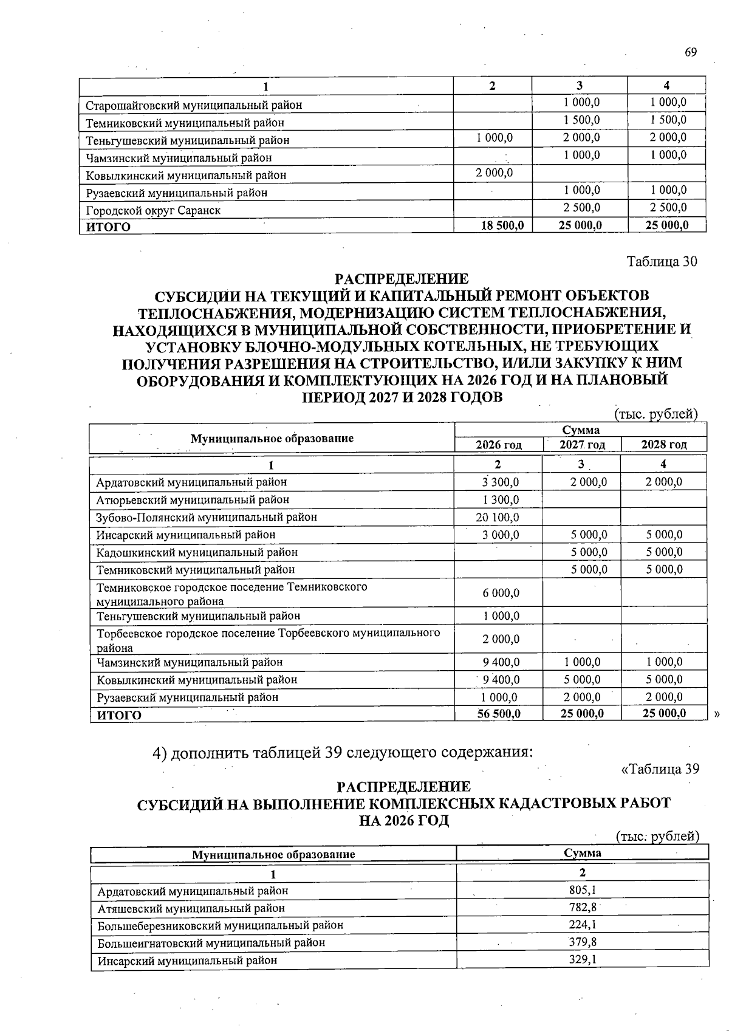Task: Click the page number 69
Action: click(691, 52)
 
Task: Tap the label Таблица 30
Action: click(662, 261)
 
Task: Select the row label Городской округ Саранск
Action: click(153, 210)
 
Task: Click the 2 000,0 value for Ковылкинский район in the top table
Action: click(495, 173)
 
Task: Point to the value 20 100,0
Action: click(498, 517)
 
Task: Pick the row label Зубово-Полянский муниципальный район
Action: click(207, 517)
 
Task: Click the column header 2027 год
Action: click(582, 444)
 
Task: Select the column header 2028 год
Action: click(664, 444)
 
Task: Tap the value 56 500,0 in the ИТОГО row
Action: click(499, 713)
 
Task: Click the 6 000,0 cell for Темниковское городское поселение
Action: click(501, 593)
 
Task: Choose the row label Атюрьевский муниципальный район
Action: click(193, 499)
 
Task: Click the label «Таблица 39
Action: click(660, 769)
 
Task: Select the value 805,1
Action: click(582, 890)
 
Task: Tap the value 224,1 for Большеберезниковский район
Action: click(582, 925)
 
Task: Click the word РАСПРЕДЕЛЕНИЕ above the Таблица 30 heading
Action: click(402, 279)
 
